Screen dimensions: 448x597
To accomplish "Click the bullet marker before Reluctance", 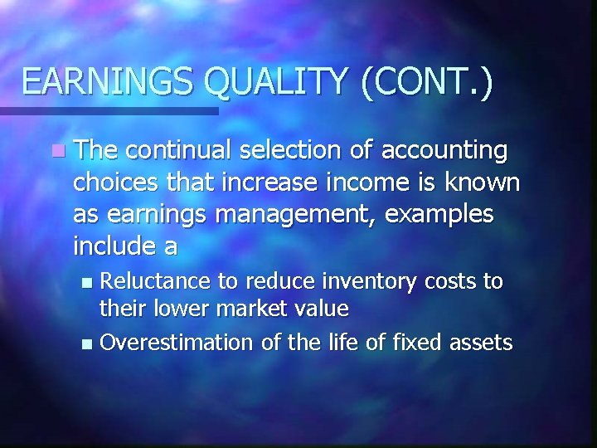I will pos(90,282).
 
